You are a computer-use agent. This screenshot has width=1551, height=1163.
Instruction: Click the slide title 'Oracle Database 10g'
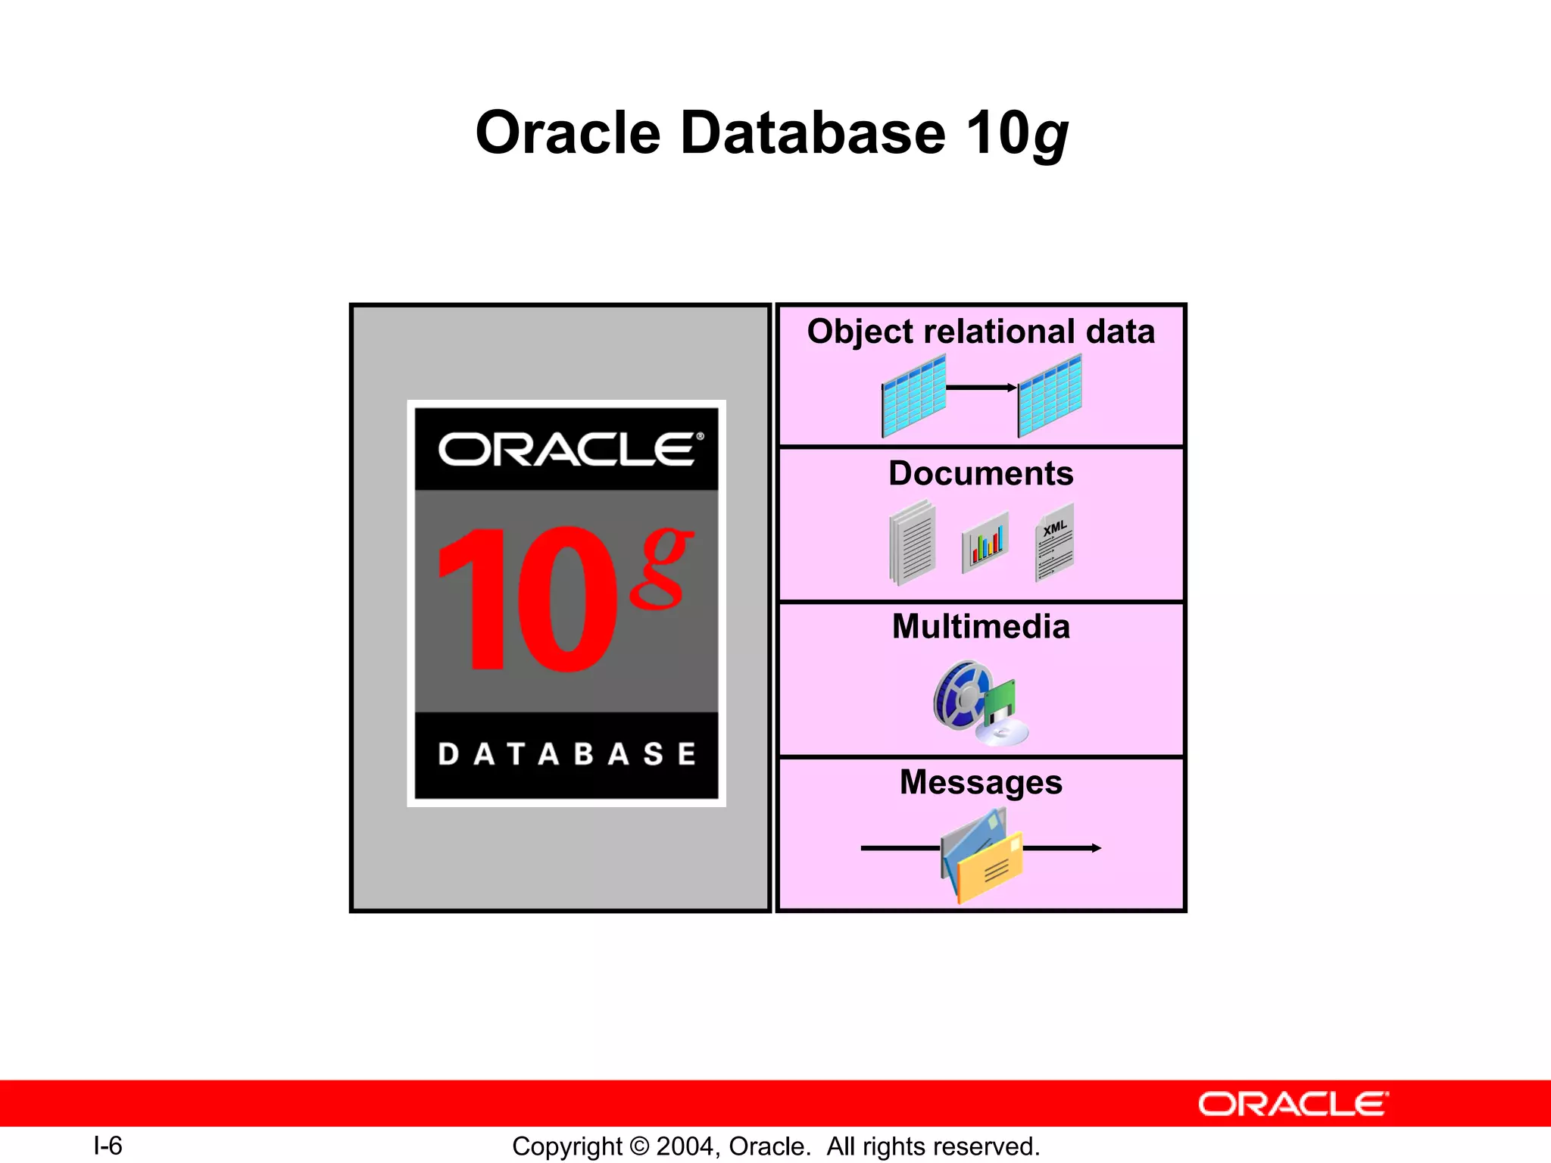pyautogui.click(x=771, y=133)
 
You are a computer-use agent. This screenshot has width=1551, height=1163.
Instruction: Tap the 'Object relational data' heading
pyautogui.click(x=981, y=332)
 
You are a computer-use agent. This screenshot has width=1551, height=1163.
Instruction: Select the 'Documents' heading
pyautogui.click(x=981, y=474)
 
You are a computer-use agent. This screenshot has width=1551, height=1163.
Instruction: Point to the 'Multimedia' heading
pyautogui.click(x=981, y=627)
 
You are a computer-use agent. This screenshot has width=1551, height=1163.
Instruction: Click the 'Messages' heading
pyautogui.click(x=981, y=782)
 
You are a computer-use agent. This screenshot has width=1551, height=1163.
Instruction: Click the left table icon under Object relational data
pyautogui.click(x=913, y=397)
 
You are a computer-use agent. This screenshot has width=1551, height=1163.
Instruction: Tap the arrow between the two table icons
pyautogui.click(x=981, y=388)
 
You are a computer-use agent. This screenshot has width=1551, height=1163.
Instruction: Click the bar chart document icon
pyautogui.click(x=985, y=542)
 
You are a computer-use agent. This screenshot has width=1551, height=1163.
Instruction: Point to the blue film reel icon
pyautogui.click(x=960, y=695)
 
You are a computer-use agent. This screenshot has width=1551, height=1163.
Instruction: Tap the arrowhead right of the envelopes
pyautogui.click(x=1096, y=848)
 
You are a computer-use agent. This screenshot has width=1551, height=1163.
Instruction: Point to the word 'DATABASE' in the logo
pyautogui.click(x=566, y=754)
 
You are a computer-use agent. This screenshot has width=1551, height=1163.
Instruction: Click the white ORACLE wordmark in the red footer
pyautogui.click(x=1294, y=1105)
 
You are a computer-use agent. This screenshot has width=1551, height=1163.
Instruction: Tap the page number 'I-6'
pyautogui.click(x=108, y=1146)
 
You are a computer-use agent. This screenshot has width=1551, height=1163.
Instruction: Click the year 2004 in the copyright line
pyautogui.click(x=685, y=1146)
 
